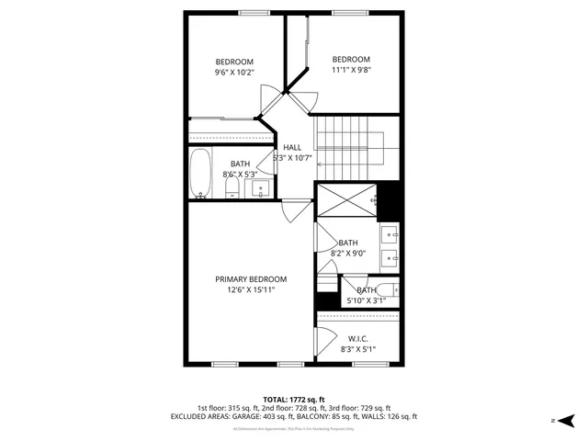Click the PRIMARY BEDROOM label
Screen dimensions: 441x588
click(251, 279)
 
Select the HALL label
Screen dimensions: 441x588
click(292, 147)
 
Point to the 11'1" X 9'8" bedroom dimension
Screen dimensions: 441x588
click(350, 69)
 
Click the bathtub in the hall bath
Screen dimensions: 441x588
click(200, 175)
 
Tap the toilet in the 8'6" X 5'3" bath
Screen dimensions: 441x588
click(232, 188)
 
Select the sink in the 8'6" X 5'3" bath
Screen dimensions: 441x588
click(261, 189)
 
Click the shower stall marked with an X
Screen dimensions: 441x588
click(345, 198)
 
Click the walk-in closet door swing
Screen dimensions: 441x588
click(326, 342)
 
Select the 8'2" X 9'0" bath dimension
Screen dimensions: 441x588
click(348, 253)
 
